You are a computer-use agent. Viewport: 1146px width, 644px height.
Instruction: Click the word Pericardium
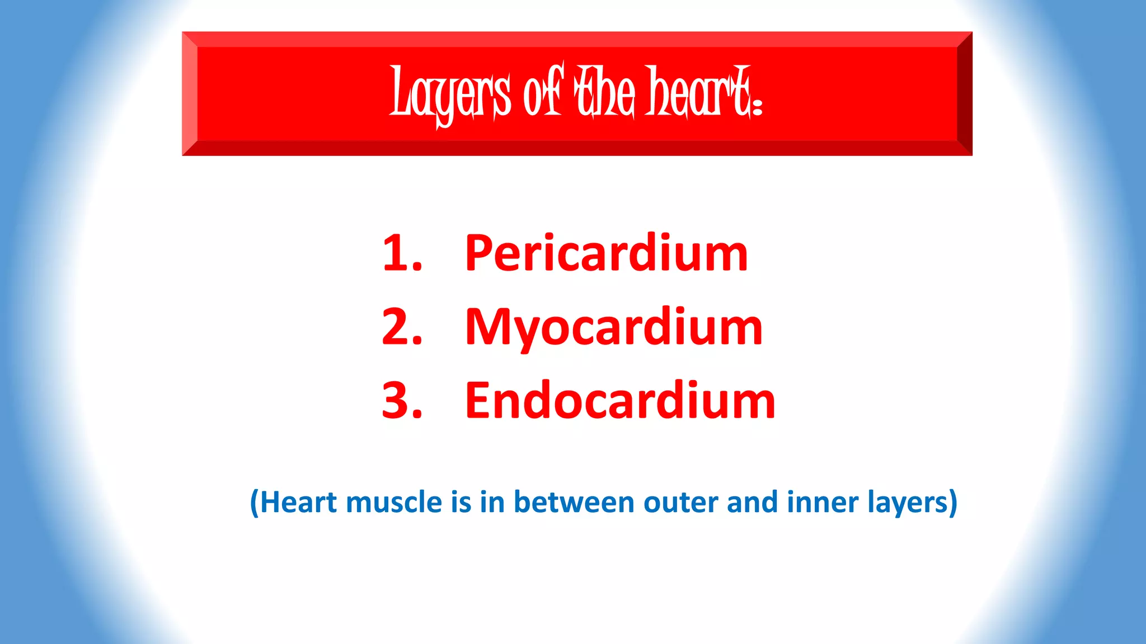[x=606, y=254]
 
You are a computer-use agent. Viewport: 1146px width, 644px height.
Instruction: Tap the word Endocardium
[x=620, y=400]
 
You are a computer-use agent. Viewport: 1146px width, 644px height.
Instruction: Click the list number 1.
[x=401, y=254]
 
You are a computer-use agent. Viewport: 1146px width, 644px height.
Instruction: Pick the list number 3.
[x=401, y=400]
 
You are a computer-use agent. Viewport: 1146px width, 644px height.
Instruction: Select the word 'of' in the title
[x=542, y=93]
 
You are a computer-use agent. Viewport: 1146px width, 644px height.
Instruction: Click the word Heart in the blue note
[x=299, y=502]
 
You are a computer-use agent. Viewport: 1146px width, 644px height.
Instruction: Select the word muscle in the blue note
[x=394, y=502]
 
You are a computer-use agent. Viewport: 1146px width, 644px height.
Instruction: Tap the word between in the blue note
[x=574, y=502]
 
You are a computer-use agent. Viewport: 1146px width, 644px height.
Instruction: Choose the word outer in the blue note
[x=680, y=502]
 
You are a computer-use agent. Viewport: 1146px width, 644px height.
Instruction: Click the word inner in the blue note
[x=822, y=502]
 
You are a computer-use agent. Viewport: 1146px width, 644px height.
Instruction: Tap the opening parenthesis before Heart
[x=255, y=503]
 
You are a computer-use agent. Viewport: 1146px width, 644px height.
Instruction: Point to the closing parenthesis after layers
[x=952, y=503]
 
